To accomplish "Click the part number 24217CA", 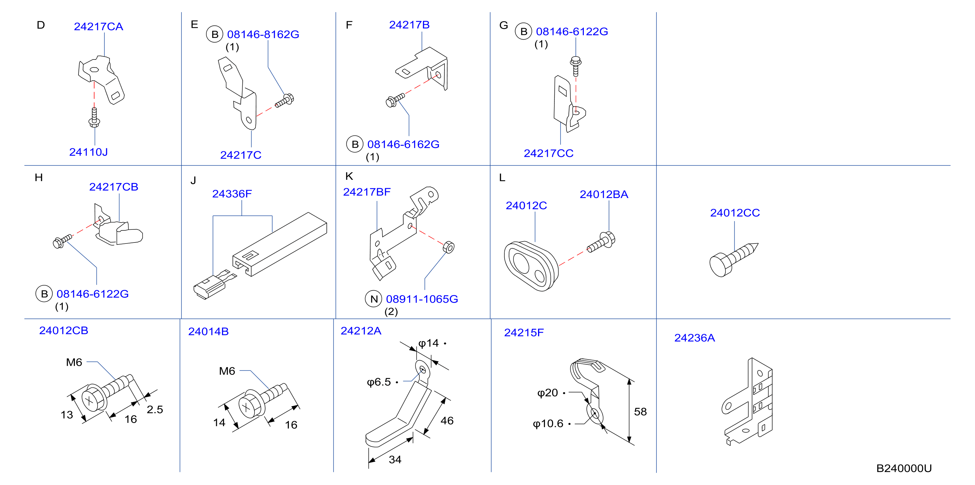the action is click(x=98, y=26).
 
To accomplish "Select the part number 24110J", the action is click(x=89, y=152).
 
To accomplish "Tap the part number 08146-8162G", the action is click(x=263, y=34).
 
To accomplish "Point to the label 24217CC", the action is click(x=548, y=153).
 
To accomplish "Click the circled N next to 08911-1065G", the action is click(x=374, y=299).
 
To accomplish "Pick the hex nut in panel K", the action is click(x=448, y=247).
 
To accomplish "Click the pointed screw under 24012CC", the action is click(x=734, y=259).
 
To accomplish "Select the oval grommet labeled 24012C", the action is click(x=531, y=266).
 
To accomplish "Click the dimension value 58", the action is click(x=640, y=411).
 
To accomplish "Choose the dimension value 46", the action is click(x=447, y=421).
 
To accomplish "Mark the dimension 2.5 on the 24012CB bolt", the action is click(x=155, y=409).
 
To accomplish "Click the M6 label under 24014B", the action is click(x=227, y=371).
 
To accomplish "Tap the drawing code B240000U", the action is click(x=904, y=468).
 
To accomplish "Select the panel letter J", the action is click(x=193, y=180).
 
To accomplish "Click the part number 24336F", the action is click(x=232, y=194).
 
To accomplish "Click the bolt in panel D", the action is click(x=94, y=117).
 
